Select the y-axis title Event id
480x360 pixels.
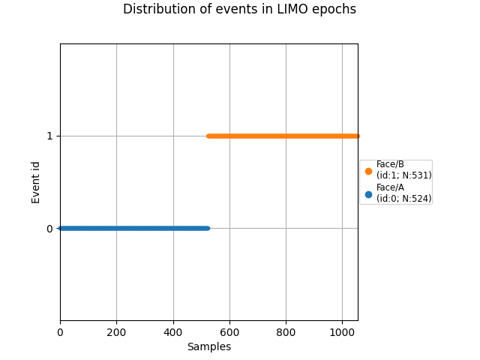pos(36,182)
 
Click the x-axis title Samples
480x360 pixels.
pos(208,346)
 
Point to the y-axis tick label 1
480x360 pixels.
pos(49,136)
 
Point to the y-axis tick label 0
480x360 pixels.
pos(49,229)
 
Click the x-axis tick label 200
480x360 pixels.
pos(116,332)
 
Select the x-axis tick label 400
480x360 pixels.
pos(173,332)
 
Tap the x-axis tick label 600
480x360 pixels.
pos(229,332)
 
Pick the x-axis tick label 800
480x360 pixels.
pos(286,332)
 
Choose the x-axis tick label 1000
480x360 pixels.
pos(342,332)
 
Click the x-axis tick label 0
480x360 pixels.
pos(60,332)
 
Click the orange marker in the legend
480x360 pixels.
pos(368,171)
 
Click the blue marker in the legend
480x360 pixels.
pos(368,194)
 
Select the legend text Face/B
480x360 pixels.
pos(390,164)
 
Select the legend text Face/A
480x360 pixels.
pos(390,187)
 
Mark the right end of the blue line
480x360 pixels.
pos(207,228)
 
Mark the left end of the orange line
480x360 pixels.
pos(208,136)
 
